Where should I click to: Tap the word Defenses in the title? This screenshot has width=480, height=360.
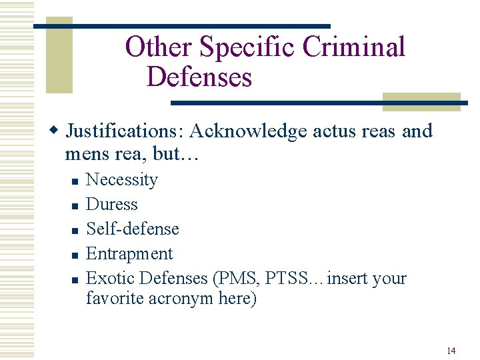tap(199, 77)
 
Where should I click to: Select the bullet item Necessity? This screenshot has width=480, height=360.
tap(122, 180)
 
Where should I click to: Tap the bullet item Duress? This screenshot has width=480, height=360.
tap(112, 205)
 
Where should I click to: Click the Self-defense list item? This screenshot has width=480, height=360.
tap(133, 229)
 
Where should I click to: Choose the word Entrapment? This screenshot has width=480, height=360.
tap(129, 254)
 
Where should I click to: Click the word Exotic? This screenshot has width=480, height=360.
tap(109, 278)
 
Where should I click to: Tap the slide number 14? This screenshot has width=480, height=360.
tap(451, 351)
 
